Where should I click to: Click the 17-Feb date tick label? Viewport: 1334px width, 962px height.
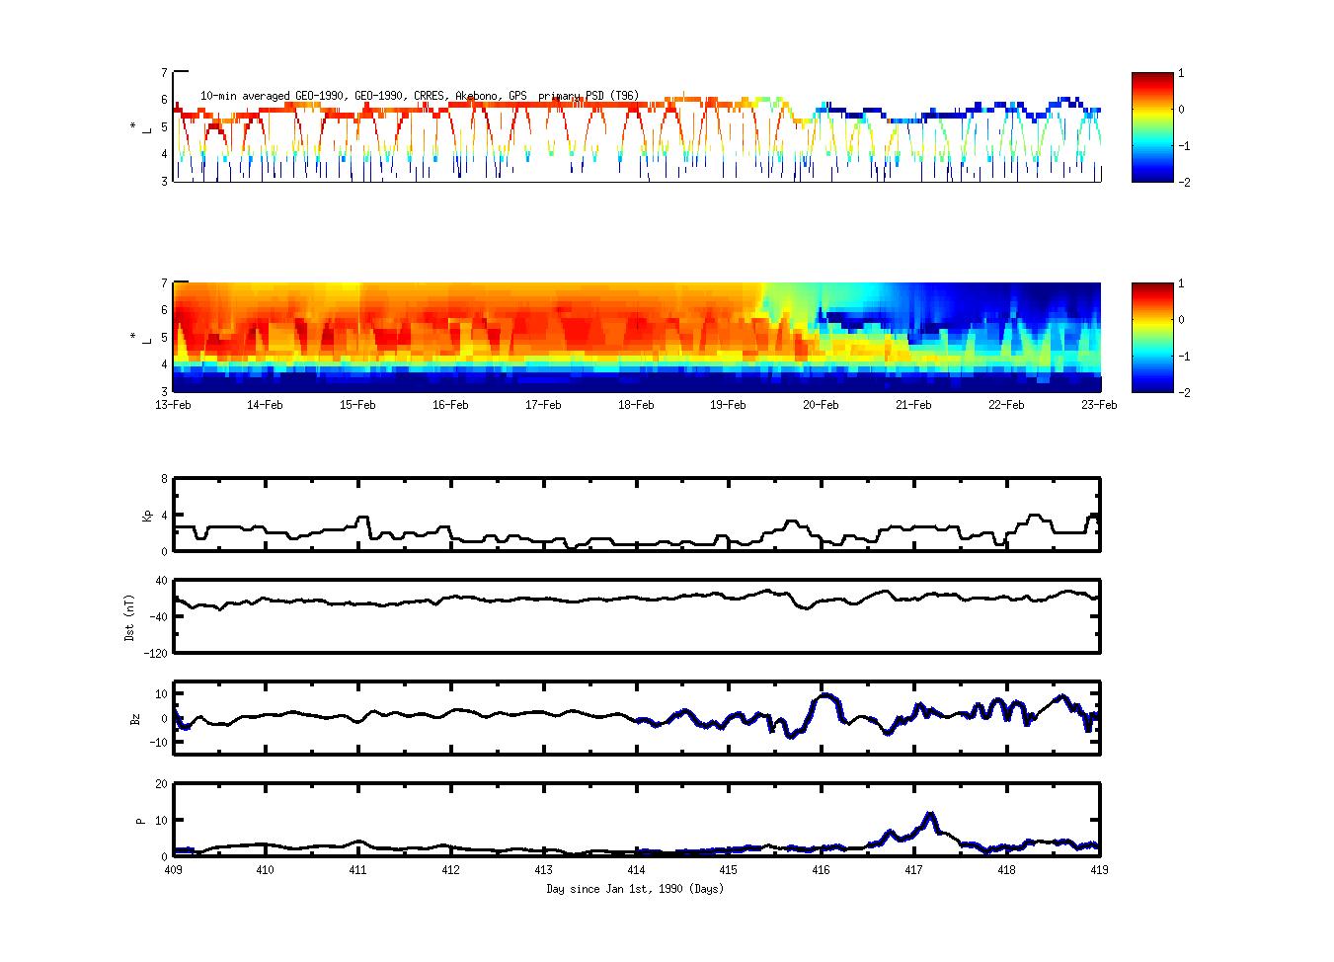pyautogui.click(x=543, y=405)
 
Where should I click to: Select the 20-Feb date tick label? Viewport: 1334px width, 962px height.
pyautogui.click(x=821, y=405)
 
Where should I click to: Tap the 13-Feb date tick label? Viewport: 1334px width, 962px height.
pyautogui.click(x=173, y=405)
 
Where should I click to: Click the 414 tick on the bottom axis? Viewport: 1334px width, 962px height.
pyautogui.click(x=636, y=871)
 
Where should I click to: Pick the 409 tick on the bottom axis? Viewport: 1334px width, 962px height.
pyautogui.click(x=173, y=871)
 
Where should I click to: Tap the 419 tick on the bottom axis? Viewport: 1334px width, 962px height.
pyautogui.click(x=1099, y=871)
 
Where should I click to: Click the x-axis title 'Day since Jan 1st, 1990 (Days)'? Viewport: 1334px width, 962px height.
pyautogui.click(x=635, y=889)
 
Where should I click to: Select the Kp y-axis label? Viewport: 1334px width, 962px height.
pyautogui.click(x=147, y=516)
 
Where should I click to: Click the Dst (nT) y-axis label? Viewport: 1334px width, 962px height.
pyautogui.click(x=129, y=617)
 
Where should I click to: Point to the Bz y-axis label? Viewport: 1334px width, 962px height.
pyautogui.click(x=135, y=719)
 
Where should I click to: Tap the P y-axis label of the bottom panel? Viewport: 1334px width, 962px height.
pyautogui.click(x=140, y=821)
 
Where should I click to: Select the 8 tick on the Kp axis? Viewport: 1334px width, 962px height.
pyautogui.click(x=164, y=479)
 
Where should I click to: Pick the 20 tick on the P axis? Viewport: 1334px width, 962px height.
pyautogui.click(x=160, y=784)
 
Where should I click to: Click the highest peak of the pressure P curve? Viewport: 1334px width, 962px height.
pyautogui.click(x=929, y=815)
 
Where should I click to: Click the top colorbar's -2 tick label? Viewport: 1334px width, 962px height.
pyautogui.click(x=1183, y=183)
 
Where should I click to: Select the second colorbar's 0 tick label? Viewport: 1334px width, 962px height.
pyautogui.click(x=1182, y=320)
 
